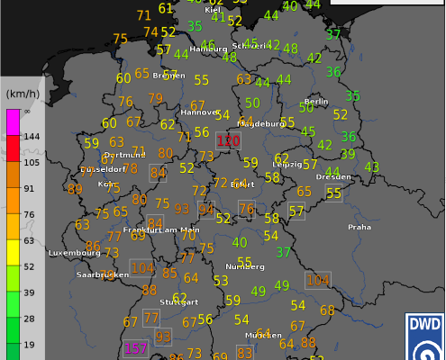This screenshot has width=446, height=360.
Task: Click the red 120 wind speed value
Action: (229, 141)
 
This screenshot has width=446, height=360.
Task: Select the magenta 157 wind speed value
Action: (136, 348)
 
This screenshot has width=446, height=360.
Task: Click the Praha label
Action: (360, 227)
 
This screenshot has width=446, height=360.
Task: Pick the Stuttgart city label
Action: (177, 302)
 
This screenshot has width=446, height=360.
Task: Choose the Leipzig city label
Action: (288, 165)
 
